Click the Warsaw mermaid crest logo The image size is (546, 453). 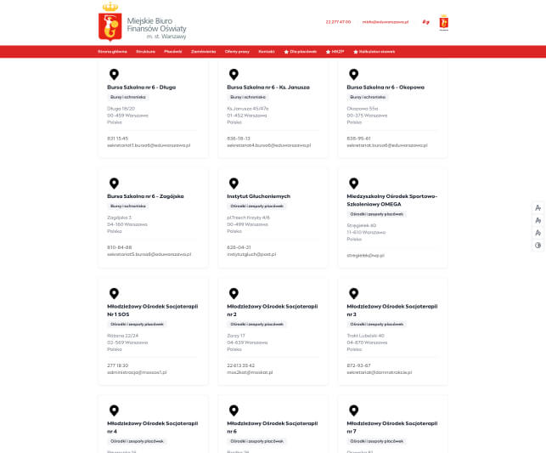click(x=109, y=23)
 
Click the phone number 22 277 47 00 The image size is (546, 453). click(x=338, y=22)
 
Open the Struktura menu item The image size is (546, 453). click(x=145, y=52)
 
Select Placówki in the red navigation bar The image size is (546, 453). click(x=173, y=52)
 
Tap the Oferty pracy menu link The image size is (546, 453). click(x=237, y=52)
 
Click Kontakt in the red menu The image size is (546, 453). click(x=267, y=52)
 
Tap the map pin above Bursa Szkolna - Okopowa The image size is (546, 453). click(x=352, y=74)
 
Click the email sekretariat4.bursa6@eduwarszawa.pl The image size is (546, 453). click(x=268, y=145)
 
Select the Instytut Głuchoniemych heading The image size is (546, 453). click(x=259, y=195)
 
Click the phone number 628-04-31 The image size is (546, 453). click(x=239, y=247)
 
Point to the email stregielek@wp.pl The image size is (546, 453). click(x=366, y=254)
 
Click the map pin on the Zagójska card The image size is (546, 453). click(x=113, y=183)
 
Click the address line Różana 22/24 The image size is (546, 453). click(x=122, y=336)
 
